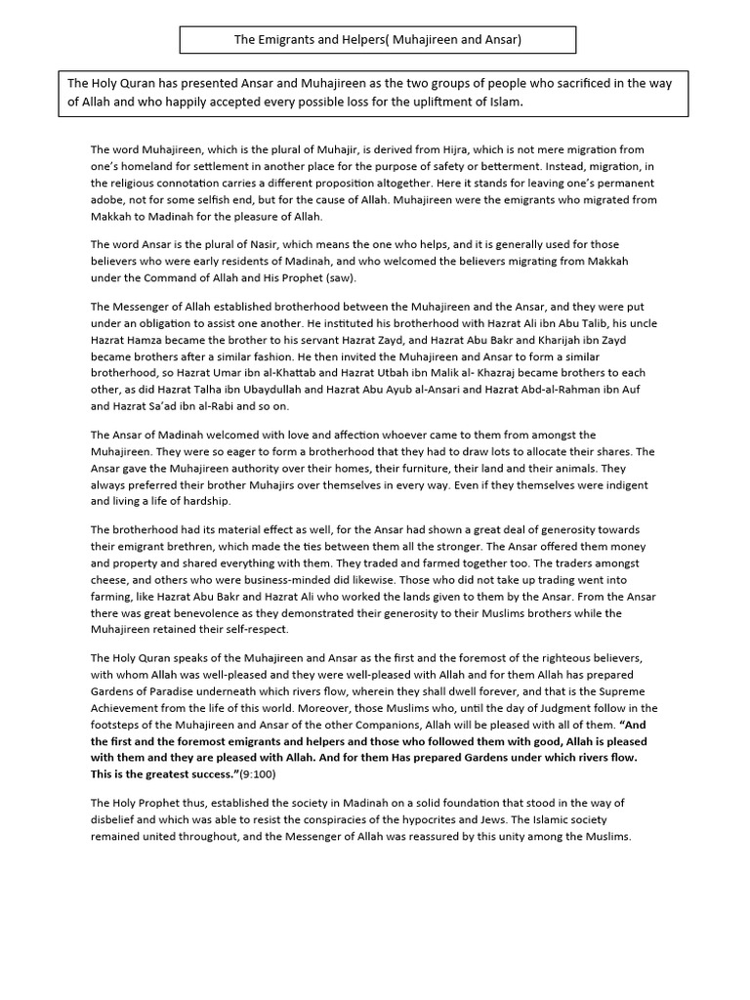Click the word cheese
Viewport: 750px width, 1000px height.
coord(110,579)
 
